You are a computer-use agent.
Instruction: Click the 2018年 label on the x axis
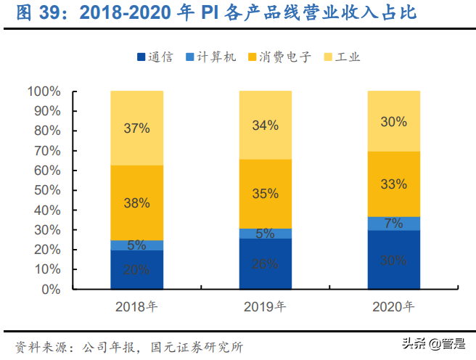click(136, 306)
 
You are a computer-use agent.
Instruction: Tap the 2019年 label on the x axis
click(265, 306)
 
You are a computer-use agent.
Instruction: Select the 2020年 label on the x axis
click(393, 306)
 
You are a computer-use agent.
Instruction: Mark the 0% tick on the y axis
click(50, 289)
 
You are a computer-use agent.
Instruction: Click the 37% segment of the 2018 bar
click(136, 128)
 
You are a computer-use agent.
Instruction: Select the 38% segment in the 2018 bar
click(136, 202)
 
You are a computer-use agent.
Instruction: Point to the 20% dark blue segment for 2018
click(136, 269)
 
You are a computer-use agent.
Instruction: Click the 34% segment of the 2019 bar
click(265, 125)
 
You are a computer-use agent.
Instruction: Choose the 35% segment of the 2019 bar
click(265, 194)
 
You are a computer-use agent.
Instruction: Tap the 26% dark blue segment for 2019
click(265, 263)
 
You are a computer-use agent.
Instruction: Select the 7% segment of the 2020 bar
click(393, 224)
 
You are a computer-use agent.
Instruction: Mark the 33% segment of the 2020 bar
click(393, 184)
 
